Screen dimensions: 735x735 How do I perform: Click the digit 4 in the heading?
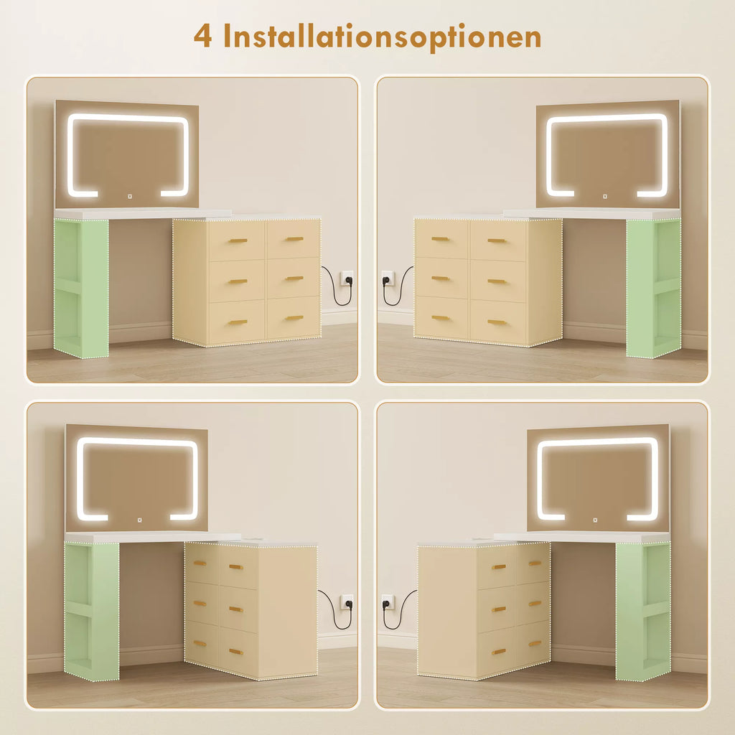tap(202, 36)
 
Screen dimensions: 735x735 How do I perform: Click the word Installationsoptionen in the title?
tap(382, 37)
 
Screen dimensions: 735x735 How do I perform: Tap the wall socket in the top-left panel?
tap(346, 278)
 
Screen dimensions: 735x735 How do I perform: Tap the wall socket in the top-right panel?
tap(388, 278)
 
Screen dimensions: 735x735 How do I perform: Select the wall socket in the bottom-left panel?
tap(347, 601)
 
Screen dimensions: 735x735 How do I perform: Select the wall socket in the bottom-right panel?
tap(388, 601)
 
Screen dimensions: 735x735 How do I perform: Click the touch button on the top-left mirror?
tap(130, 197)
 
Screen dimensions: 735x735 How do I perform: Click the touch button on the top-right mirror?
tap(605, 197)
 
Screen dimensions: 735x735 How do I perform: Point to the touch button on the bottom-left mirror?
tap(139, 520)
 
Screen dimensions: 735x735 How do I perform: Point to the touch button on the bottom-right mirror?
tap(595, 520)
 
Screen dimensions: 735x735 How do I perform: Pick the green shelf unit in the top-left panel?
tap(81, 289)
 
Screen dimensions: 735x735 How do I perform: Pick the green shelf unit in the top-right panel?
tap(653, 289)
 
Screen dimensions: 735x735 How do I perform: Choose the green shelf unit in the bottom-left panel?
tap(91, 612)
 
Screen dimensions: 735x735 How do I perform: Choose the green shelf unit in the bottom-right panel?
tap(643, 612)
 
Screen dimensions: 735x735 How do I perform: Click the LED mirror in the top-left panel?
tap(126, 154)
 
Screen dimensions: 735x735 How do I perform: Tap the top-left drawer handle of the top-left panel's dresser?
tap(238, 241)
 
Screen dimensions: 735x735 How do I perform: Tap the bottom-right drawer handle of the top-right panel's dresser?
tap(497, 322)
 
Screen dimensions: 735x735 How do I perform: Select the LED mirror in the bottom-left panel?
tap(136, 478)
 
